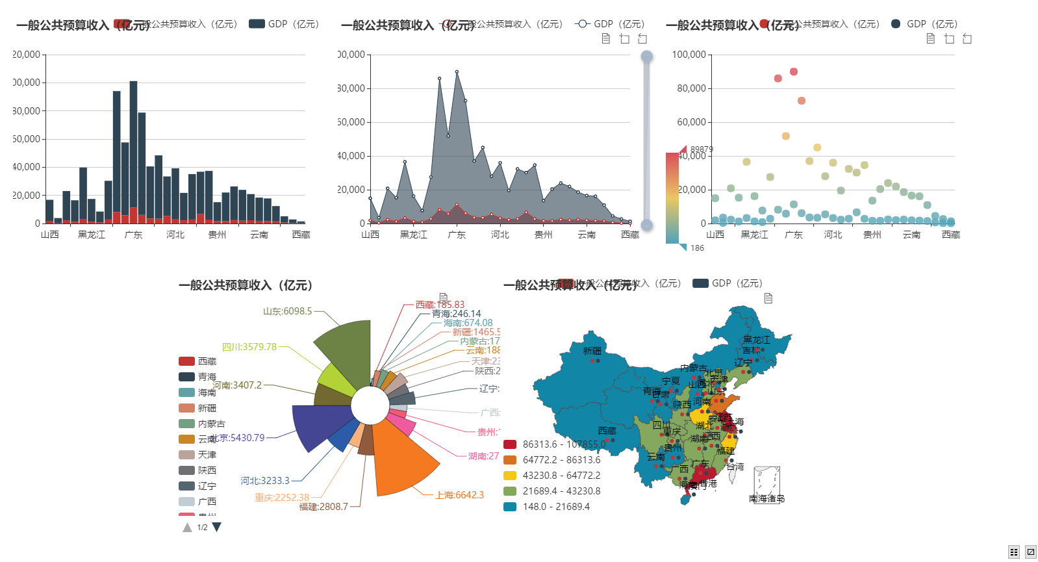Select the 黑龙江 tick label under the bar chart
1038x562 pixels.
[x=92, y=235]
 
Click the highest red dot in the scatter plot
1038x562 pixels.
[x=794, y=71]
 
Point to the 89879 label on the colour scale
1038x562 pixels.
[x=702, y=149]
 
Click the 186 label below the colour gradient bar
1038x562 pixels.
[x=697, y=248]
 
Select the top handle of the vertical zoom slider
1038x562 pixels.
[x=646, y=57]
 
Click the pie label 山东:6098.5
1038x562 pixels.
[x=288, y=311]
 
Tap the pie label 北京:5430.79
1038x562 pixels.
[x=238, y=438]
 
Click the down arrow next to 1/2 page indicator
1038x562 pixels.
[x=217, y=527]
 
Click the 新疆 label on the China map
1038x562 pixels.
[x=592, y=351]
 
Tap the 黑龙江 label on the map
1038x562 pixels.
[x=757, y=340]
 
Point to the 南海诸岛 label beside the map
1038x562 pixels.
[x=766, y=498]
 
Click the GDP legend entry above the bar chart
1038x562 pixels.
[x=284, y=24]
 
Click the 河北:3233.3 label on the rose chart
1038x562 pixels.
[x=265, y=481]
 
